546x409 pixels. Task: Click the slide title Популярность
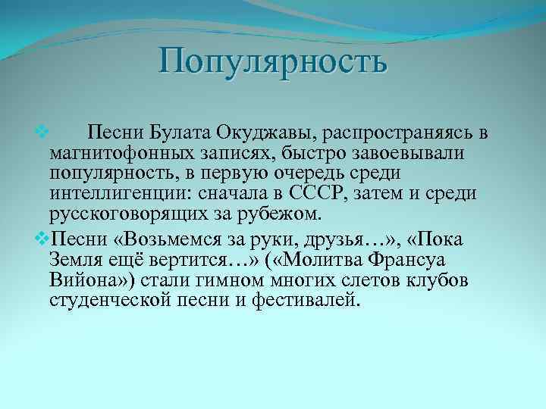click(x=273, y=61)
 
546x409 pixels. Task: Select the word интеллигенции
click(x=125, y=193)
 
